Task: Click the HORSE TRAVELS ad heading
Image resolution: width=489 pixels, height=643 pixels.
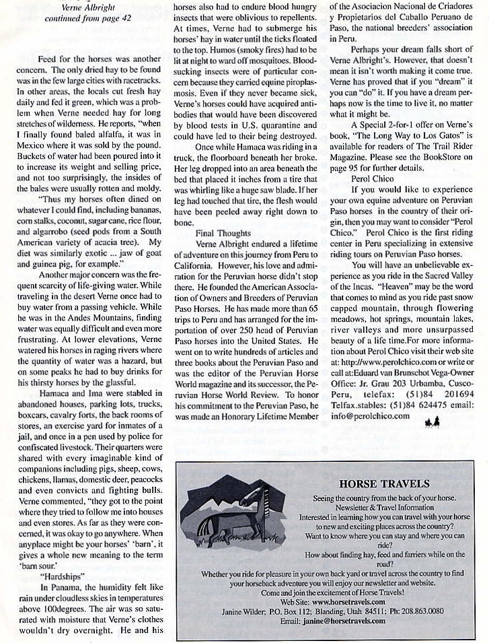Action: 385,483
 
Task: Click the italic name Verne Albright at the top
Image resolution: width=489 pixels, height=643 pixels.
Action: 83,7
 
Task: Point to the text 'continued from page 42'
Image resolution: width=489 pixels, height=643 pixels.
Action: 83,18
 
